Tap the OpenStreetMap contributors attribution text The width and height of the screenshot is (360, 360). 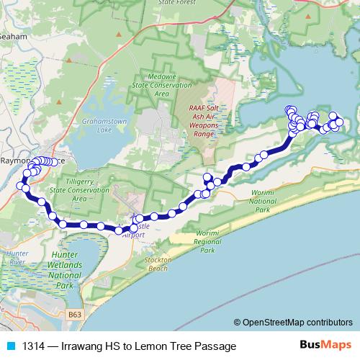point(294,323)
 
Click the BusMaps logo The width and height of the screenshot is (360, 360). point(325,346)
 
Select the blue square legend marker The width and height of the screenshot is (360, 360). point(9,346)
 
